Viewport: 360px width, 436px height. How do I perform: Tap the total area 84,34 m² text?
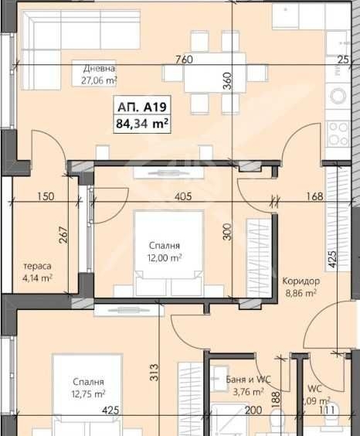coord(143,122)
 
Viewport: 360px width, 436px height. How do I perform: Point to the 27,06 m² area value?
coord(99,78)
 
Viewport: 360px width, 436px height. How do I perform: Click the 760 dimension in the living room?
coord(184,60)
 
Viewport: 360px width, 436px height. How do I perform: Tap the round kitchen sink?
coord(338,95)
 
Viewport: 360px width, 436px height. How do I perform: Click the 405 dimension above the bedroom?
coord(183,196)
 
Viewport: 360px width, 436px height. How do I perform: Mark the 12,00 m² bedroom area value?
coord(165,257)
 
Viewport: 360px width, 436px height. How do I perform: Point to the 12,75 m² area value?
coord(89,393)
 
